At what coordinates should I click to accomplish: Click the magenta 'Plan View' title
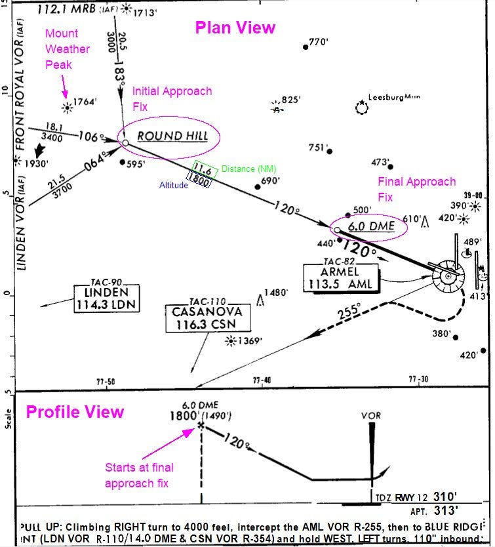tap(235, 28)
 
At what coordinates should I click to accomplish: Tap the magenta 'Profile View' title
tap(74, 412)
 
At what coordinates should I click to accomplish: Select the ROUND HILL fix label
tap(172, 136)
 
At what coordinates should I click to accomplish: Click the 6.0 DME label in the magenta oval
tap(371, 226)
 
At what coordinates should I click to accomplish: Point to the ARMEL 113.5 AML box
tap(340, 277)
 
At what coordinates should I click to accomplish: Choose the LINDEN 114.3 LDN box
tap(108, 297)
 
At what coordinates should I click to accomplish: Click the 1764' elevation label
tap(86, 102)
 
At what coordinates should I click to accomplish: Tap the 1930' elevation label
tap(37, 163)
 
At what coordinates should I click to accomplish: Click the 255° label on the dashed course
tap(348, 311)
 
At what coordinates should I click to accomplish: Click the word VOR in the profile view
tap(371, 416)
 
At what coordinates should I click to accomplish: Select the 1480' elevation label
tap(276, 293)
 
